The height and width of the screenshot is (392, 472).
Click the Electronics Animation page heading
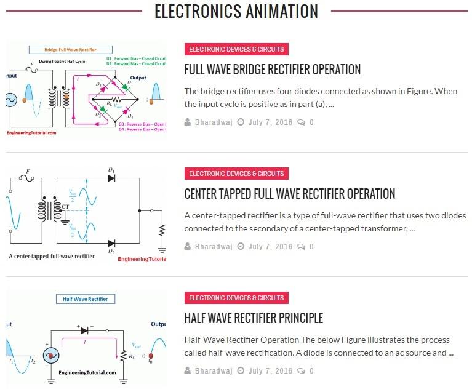[x=236, y=11]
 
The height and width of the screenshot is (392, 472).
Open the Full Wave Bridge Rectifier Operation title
[x=272, y=70]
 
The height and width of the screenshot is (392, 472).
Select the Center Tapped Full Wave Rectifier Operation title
[x=289, y=194]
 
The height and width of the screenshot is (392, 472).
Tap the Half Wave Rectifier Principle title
[x=254, y=318]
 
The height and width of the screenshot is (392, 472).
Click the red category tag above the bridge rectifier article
[x=236, y=49]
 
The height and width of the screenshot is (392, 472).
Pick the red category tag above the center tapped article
[x=236, y=174]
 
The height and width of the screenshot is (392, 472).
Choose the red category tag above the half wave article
[x=236, y=298]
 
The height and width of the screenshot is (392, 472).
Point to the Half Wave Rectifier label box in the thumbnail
[x=85, y=299]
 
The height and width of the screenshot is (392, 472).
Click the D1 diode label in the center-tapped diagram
[x=111, y=169]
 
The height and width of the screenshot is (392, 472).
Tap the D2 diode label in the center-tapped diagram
[x=111, y=251]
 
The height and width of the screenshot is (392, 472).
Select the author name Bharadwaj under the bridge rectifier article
[x=214, y=122]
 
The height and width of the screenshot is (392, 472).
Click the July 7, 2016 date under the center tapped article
[x=270, y=247]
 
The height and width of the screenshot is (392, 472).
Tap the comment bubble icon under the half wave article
[x=301, y=371]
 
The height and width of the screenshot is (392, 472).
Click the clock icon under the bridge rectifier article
[x=241, y=122]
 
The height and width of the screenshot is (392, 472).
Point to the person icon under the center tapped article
[x=188, y=247]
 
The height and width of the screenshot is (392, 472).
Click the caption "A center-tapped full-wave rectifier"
[x=52, y=255]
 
